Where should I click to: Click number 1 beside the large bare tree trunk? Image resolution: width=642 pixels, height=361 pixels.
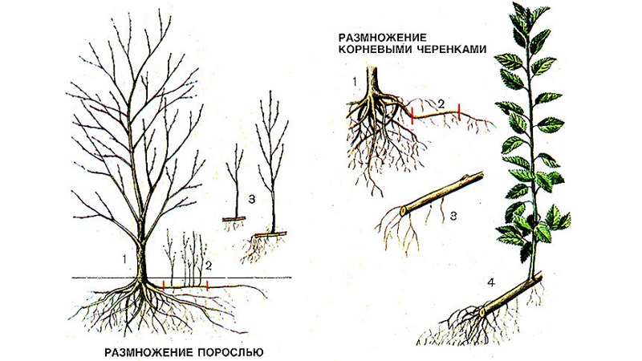124,258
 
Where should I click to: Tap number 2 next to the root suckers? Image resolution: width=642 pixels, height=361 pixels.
209,266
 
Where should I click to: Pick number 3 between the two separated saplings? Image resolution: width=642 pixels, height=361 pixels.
252,200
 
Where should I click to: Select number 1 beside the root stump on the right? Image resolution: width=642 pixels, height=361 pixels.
355,82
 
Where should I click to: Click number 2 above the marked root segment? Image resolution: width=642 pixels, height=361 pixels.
441,103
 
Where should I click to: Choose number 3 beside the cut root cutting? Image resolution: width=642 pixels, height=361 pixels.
453,216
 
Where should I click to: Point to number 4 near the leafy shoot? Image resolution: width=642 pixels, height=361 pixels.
491,282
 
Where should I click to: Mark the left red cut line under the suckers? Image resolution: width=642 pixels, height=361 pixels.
164,286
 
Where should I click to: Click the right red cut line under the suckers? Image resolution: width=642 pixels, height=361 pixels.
208,286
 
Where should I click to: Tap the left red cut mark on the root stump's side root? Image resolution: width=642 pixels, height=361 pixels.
412,116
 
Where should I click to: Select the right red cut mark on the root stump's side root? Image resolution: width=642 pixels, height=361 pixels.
459,112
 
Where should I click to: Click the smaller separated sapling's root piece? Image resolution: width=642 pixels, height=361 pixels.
234,219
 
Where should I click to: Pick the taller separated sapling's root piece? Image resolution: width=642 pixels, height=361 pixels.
270,234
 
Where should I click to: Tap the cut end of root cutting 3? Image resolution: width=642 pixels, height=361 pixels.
403,211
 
